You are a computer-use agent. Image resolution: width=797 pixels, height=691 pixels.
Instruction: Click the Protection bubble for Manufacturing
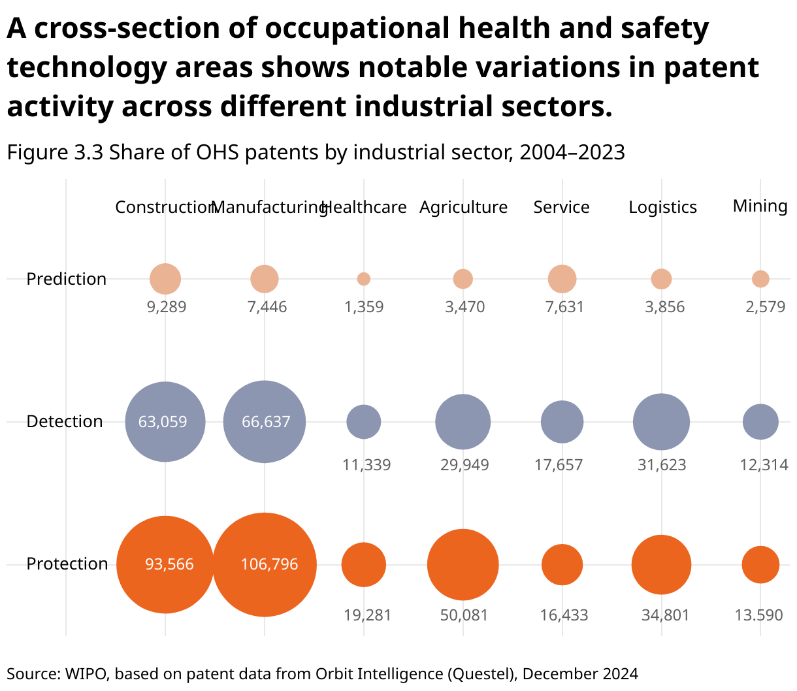click(x=265, y=565)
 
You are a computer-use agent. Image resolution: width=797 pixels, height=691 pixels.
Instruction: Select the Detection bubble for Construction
click(x=165, y=422)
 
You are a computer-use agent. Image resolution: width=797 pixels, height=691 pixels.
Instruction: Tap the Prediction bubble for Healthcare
click(x=364, y=279)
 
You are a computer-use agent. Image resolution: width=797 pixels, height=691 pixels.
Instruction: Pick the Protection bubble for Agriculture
click(x=463, y=565)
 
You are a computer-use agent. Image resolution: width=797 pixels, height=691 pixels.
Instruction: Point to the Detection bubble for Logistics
click(x=661, y=422)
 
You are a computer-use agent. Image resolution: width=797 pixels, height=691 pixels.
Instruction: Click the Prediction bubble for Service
click(x=562, y=279)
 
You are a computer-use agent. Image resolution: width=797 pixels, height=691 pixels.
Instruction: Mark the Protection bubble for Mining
click(x=760, y=565)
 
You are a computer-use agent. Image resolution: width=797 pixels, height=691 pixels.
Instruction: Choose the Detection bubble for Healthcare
click(x=364, y=422)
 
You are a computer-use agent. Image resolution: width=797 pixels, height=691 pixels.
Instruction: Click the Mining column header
click(x=760, y=206)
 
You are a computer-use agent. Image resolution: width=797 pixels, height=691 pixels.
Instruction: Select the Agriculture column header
click(x=463, y=207)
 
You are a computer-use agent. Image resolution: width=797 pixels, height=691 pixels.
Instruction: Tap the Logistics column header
click(x=662, y=207)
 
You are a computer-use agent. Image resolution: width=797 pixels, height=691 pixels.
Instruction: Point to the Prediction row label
click(x=66, y=279)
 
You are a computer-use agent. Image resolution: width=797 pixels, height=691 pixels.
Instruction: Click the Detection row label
click(x=65, y=421)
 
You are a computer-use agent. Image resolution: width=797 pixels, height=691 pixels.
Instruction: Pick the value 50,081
click(x=464, y=615)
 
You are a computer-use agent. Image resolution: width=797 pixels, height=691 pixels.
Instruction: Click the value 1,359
click(x=364, y=307)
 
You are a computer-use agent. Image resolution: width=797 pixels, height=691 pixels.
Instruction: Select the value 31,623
click(x=662, y=465)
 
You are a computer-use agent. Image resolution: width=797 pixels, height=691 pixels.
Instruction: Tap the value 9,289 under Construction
click(x=167, y=307)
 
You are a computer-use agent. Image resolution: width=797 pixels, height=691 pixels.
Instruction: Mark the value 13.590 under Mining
click(x=758, y=615)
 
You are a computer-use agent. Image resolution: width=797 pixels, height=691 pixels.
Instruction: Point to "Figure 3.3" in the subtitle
click(x=55, y=152)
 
